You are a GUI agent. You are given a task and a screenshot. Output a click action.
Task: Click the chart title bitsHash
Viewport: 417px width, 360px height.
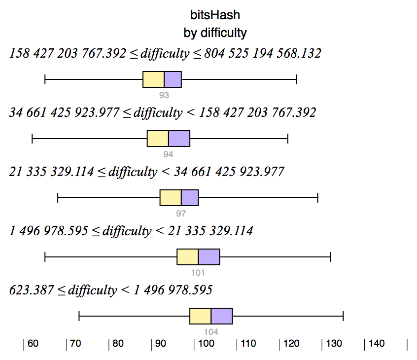pyautogui.click(x=215, y=15)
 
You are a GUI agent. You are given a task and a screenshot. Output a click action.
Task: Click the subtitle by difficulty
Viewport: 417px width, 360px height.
pyautogui.click(x=215, y=33)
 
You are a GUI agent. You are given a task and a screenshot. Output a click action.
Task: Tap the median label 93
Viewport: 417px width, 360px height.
pyautogui.click(x=164, y=95)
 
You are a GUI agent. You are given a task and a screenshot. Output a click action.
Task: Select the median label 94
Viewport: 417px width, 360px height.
pyautogui.click(x=169, y=154)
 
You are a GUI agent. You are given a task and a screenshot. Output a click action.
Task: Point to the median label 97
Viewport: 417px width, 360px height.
pyautogui.click(x=181, y=214)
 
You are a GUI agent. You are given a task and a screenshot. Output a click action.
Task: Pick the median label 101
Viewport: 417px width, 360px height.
pyautogui.click(x=198, y=273)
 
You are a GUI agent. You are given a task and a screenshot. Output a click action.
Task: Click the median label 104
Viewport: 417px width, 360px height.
pyautogui.click(x=211, y=332)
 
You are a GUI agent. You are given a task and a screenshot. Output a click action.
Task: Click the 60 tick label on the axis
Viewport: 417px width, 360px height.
pyautogui.click(x=33, y=344)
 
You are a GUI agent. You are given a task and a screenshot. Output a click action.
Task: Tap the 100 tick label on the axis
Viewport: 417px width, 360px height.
pyautogui.click(x=205, y=344)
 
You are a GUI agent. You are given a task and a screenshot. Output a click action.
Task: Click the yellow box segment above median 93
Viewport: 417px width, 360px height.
pyautogui.click(x=153, y=79)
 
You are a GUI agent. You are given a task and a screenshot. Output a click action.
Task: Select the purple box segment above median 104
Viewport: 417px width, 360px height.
pyautogui.click(x=222, y=316)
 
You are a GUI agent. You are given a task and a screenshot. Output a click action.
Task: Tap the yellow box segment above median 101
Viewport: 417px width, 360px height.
pyautogui.click(x=187, y=257)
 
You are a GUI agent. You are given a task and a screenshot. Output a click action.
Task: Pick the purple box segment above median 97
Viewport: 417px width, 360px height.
pyautogui.click(x=190, y=198)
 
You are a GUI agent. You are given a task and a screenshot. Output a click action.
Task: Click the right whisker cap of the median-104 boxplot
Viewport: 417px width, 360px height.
pyautogui.click(x=343, y=316)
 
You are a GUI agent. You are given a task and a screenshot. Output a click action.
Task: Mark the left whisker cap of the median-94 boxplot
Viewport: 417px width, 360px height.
pyautogui.click(x=32, y=139)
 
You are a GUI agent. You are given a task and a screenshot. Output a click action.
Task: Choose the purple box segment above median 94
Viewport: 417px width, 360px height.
pyautogui.click(x=179, y=139)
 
